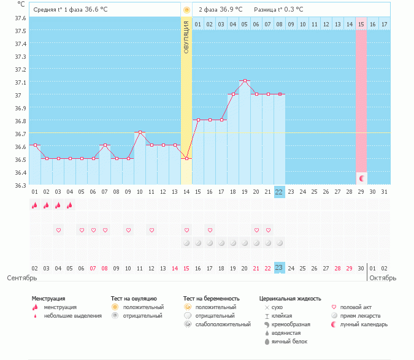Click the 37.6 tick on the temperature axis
tap(20, 18)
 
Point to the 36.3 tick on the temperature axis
tap(20, 185)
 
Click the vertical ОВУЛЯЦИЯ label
tap(186, 37)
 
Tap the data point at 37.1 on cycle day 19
tap(245, 81)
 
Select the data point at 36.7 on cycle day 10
tap(140, 132)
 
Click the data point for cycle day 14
tap(186, 159)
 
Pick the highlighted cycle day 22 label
tap(279, 191)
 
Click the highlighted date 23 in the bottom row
tap(279, 268)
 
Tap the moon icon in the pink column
tap(362, 178)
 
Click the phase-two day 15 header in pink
tap(361, 24)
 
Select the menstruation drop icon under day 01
tap(34, 205)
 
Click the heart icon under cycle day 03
tap(58, 230)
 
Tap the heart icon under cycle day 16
tap(210, 230)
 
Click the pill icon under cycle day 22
tap(279, 243)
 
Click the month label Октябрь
tap(383, 278)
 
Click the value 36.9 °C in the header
tap(231, 10)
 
